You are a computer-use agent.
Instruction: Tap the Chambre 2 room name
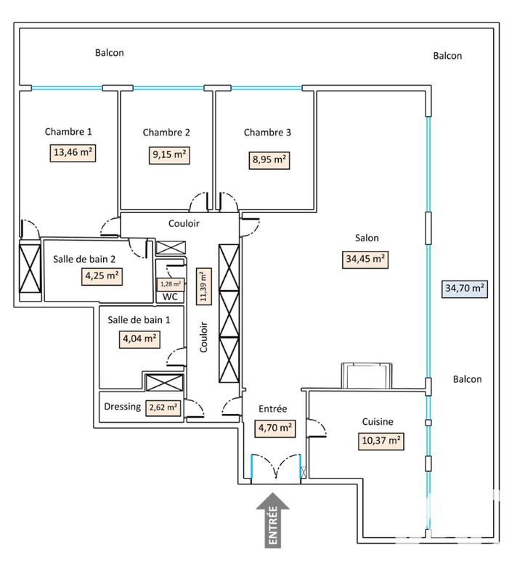pyautogui.click(x=166, y=132)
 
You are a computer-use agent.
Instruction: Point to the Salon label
pyautogui.click(x=367, y=237)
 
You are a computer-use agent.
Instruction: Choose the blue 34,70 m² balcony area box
pyautogui.click(x=464, y=288)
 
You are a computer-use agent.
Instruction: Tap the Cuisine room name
pyautogui.click(x=378, y=421)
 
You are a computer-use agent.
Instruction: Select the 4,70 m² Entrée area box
pyautogui.click(x=275, y=428)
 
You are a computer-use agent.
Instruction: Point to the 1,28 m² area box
pyautogui.click(x=171, y=284)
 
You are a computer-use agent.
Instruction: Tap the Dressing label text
pyautogui.click(x=122, y=407)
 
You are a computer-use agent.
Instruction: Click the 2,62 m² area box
pyautogui.click(x=163, y=407)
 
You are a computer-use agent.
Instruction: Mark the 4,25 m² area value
pyautogui.click(x=102, y=275)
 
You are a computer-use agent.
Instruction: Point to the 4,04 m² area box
pyautogui.click(x=140, y=338)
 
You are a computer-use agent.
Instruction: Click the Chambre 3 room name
pyautogui.click(x=267, y=132)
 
